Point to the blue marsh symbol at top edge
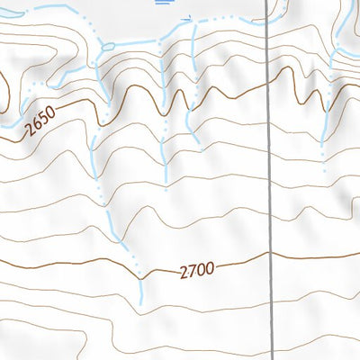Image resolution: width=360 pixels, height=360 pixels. pyautogui.click(x=163, y=3)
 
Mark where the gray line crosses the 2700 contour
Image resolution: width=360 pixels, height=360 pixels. pyautogui.click(x=270, y=254)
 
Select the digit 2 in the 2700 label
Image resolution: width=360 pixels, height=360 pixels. pyautogui.click(x=184, y=271)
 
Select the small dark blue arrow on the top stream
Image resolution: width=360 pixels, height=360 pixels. pyautogui.click(x=188, y=17)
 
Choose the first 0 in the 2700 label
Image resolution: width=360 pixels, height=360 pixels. pyautogui.click(x=201, y=268)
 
